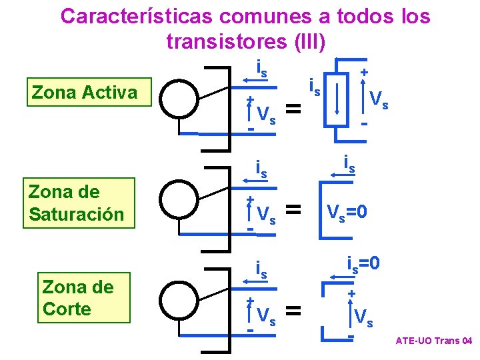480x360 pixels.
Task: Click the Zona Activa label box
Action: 84,93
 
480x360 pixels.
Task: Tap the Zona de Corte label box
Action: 77,298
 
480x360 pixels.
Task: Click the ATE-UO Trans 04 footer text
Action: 433,341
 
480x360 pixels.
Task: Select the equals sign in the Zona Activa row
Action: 293,107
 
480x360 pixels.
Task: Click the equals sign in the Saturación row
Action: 293,210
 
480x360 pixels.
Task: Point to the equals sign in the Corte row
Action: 293,309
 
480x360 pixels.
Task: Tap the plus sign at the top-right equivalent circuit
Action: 364,71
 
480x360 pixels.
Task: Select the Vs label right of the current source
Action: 379,101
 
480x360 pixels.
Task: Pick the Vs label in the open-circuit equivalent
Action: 363,316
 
